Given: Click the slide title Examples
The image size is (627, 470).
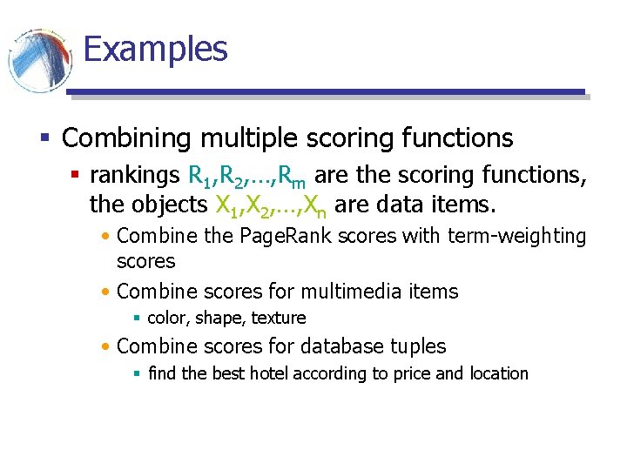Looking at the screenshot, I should coord(155,49).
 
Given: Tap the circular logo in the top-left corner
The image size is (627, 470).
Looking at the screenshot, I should coord(39,59).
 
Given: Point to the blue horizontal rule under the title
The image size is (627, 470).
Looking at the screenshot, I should coord(326,91).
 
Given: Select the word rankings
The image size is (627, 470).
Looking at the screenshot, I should coord(135,177).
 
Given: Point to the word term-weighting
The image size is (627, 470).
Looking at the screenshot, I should coord(517,236).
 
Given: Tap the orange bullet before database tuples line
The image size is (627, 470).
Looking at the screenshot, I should coord(105,347).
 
